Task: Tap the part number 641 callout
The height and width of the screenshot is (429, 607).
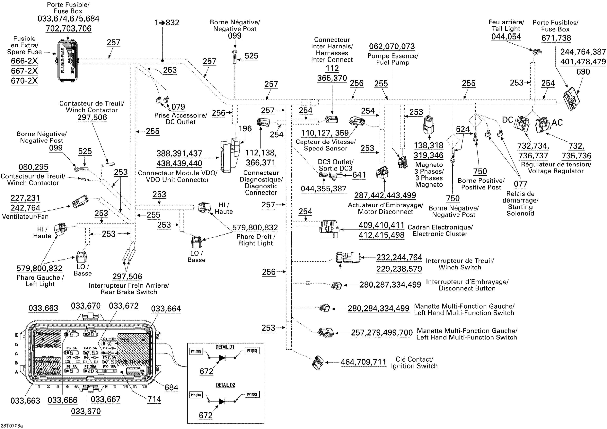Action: pos(359,175)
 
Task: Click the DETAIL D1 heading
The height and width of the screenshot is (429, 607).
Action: pos(225,347)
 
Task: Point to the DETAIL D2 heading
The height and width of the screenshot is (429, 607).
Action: pos(225,385)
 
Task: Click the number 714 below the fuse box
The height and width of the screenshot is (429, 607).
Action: pos(154,399)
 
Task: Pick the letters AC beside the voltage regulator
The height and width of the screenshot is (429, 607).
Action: pos(557,123)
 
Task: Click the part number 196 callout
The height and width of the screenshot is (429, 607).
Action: pos(245,129)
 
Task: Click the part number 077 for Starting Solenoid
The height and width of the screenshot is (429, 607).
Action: pos(520,184)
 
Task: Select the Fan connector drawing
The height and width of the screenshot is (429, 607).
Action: pos(80,202)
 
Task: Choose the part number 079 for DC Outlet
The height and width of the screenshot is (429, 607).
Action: pos(178,107)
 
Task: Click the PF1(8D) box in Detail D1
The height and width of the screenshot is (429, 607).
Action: pos(196,351)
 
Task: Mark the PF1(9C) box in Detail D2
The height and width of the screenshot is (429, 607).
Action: pos(252,394)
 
